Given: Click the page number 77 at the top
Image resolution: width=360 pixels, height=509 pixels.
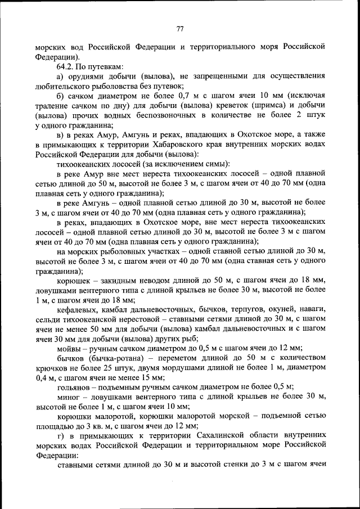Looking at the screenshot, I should click(x=180, y=28).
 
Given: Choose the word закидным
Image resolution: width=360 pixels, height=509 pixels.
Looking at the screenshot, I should click(x=116, y=280).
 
